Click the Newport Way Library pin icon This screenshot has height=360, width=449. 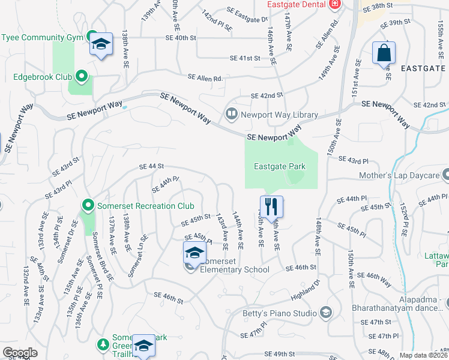click(x=231, y=113)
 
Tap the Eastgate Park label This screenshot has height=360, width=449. click(x=280, y=167)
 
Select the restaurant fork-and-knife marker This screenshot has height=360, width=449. click(x=271, y=207)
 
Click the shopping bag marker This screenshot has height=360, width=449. click(x=384, y=53)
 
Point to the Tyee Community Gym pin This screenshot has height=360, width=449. click(x=92, y=37)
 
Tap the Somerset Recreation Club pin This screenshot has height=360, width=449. click(x=88, y=206)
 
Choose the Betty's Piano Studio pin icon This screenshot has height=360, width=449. click(x=326, y=313)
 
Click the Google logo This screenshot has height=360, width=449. click(x=20, y=353)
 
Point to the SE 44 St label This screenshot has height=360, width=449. click(x=151, y=167)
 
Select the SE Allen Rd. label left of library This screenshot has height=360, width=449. click(x=205, y=78)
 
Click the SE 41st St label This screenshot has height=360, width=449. click(x=245, y=58)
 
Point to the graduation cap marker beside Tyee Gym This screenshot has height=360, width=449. click(x=101, y=44)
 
